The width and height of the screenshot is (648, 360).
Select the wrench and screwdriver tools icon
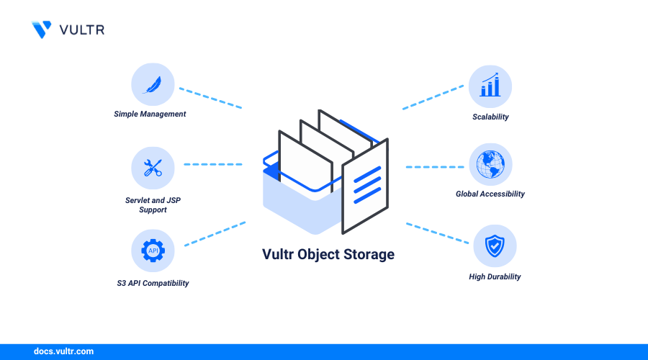(x=153, y=168)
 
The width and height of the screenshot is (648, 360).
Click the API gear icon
(x=153, y=251)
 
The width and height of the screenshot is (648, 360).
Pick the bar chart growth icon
(x=490, y=86)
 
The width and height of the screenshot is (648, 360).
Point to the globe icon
(x=490, y=164)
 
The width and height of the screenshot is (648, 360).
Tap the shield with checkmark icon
(x=494, y=246)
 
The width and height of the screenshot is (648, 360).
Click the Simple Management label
(x=150, y=114)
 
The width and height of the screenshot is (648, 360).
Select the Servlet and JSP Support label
(x=152, y=204)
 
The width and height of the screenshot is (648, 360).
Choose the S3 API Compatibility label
(x=153, y=283)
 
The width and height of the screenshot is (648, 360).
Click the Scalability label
(x=490, y=117)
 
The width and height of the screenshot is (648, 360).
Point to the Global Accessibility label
(x=490, y=194)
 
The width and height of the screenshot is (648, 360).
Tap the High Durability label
(x=494, y=276)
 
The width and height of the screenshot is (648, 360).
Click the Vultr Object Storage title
(x=328, y=254)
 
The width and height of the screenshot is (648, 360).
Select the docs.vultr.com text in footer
(x=63, y=351)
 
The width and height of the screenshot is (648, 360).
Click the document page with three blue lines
(x=366, y=186)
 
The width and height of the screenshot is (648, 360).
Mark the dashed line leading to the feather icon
(x=210, y=99)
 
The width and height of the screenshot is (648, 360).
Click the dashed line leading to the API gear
(x=215, y=234)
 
